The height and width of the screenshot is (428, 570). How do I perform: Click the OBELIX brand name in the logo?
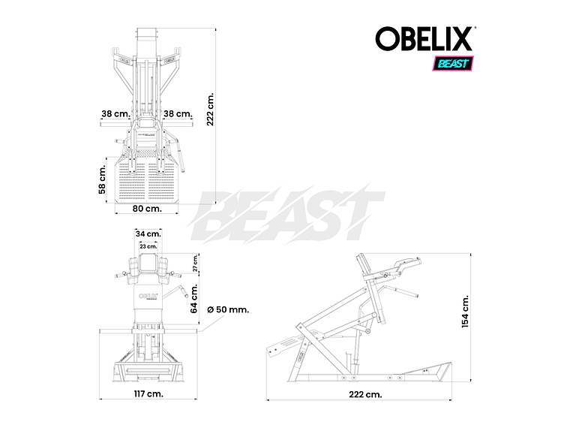click(x=423, y=39)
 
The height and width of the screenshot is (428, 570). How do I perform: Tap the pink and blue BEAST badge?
click(x=451, y=63)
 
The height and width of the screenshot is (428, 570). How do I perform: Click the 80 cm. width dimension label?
click(x=148, y=208)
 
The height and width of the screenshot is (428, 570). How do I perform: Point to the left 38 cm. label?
click(x=116, y=114)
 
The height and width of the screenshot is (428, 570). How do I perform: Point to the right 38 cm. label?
click(x=178, y=114)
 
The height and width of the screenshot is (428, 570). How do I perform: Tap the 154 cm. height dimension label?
click(x=466, y=311)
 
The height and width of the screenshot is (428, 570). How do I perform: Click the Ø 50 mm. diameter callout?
click(x=227, y=309)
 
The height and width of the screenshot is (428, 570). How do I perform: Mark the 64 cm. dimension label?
click(x=194, y=298)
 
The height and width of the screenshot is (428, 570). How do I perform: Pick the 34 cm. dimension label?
click(x=148, y=234)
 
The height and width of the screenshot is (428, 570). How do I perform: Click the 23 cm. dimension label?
click(x=148, y=246)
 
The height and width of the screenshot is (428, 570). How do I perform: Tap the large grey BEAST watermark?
click(x=289, y=215)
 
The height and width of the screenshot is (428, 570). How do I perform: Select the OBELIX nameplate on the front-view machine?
click(x=148, y=295)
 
